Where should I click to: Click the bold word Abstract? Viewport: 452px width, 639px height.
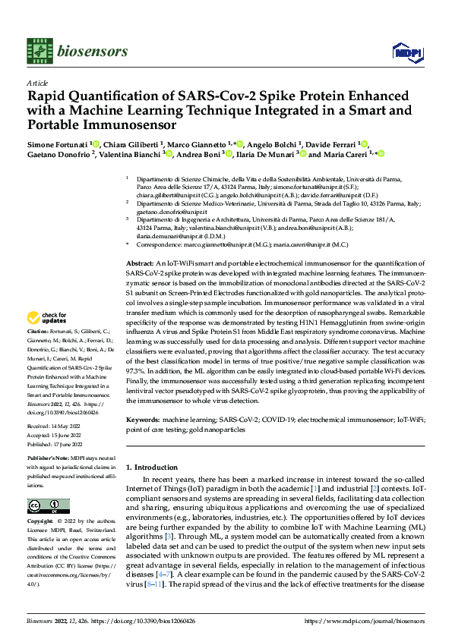139,261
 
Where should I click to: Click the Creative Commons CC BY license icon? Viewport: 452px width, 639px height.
49,505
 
